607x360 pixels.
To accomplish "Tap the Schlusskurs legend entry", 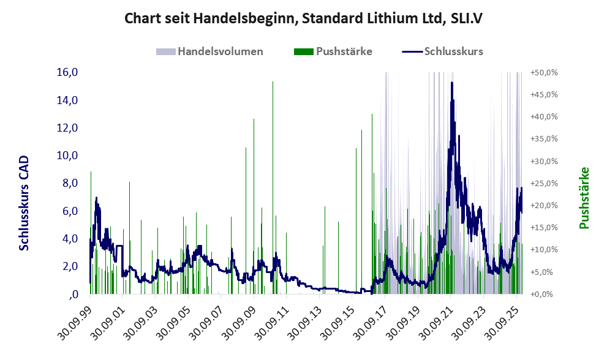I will pos(453,51).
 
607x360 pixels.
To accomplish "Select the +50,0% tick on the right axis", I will pos(543,72).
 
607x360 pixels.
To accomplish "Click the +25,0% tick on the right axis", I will pos(543,183).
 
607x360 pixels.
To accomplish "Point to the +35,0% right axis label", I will pos(543,139).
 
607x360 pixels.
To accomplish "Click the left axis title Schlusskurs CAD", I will pos(25,203).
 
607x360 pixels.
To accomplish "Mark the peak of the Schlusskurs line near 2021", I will pos(451,83).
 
